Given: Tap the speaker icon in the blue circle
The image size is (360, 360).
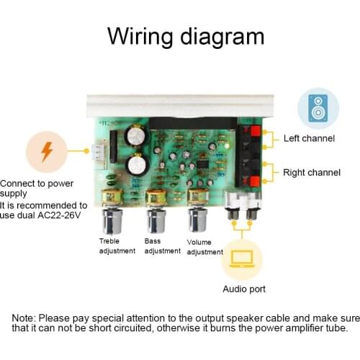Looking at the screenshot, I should pos(318,108).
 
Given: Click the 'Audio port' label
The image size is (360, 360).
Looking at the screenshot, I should pos(243,289).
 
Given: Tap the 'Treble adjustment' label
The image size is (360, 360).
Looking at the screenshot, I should pos(117,246).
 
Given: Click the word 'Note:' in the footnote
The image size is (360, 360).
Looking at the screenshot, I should pos(26,318).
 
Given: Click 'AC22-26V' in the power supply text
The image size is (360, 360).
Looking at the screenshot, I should pos(61,215).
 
